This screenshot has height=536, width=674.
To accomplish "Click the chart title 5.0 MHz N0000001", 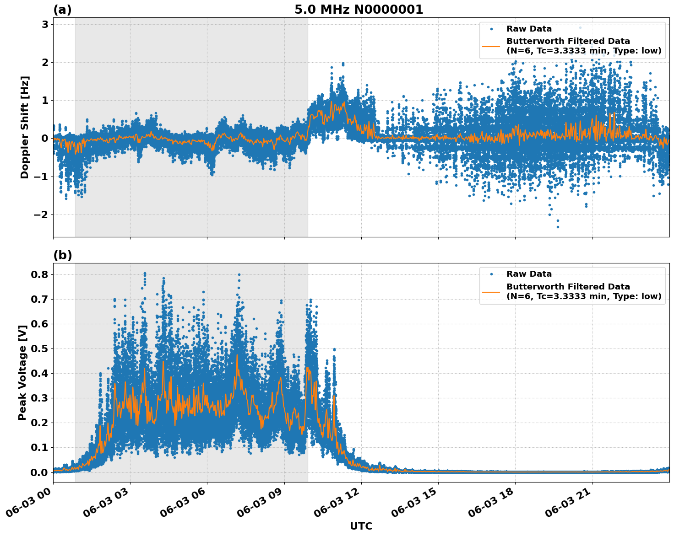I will pos(359,10).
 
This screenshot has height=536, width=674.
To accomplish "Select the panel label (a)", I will pos(62,10).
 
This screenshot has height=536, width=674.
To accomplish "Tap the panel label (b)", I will pos(62,255).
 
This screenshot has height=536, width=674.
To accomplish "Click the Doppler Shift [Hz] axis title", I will pos(25,127).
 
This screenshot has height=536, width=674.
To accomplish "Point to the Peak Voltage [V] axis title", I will pos(22,372).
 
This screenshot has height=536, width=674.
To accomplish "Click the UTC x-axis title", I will pos(361,526).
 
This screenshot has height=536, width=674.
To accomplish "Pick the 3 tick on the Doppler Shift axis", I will pos(45,24).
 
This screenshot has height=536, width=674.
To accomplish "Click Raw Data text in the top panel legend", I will pos(529,29).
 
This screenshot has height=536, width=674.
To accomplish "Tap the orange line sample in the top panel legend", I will pos(491,46).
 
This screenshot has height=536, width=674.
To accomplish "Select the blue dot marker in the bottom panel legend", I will pos(491,274).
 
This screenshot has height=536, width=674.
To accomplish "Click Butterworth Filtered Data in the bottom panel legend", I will pos(568,287).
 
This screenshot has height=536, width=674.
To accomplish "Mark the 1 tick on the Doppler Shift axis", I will pos(45,100).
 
